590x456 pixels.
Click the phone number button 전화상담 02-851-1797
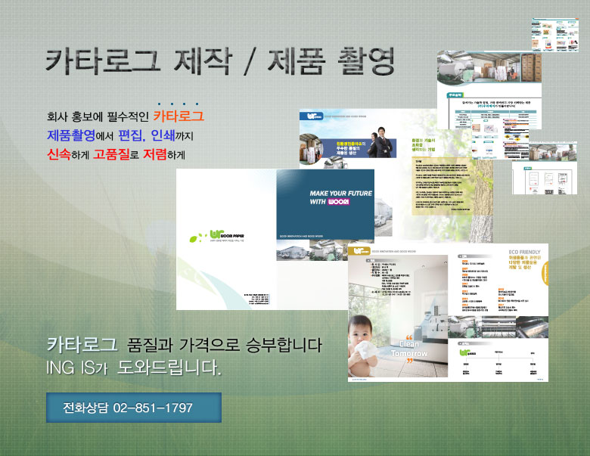click(133, 408)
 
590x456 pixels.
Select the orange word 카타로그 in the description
click(179, 117)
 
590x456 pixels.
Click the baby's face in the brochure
click(371, 332)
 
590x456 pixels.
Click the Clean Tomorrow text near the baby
click(408, 348)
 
